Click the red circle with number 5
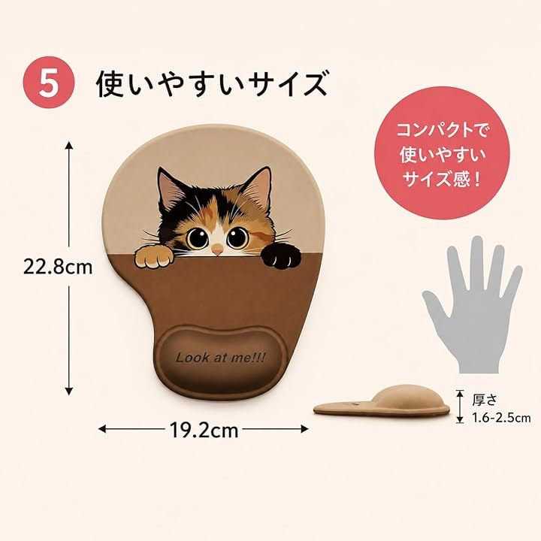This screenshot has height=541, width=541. (x=49, y=83)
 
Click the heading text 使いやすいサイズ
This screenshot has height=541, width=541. (x=211, y=83)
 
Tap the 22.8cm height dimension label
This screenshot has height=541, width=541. (x=58, y=267)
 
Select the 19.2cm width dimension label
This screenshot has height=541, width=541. (x=204, y=431)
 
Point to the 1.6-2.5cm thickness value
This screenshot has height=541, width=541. (x=501, y=419)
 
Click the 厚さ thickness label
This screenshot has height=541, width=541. (x=485, y=400)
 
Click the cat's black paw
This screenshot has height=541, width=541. (x=280, y=256)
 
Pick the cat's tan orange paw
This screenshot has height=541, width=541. (x=153, y=258)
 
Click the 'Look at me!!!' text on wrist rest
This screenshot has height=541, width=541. (x=220, y=358)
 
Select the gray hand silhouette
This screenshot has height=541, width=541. (x=473, y=304)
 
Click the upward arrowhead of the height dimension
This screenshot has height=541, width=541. (x=69, y=145)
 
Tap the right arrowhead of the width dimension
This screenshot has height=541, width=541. (x=304, y=429)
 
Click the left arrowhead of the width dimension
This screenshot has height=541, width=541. (x=102, y=429)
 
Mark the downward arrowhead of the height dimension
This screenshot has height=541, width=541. (x=69, y=391)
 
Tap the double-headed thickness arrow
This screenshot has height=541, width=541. (x=460, y=407)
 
